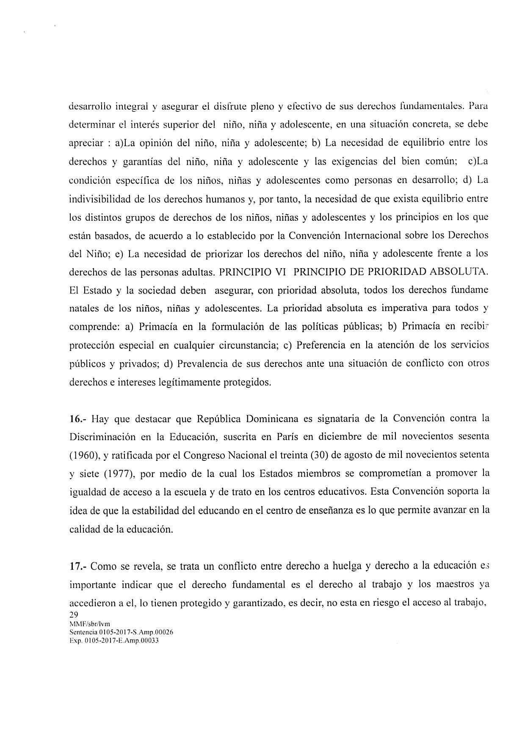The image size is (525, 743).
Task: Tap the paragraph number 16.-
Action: (78, 419)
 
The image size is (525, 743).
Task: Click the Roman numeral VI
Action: (278, 272)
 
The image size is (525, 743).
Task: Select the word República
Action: (218, 419)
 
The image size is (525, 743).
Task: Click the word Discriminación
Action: (101, 437)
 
